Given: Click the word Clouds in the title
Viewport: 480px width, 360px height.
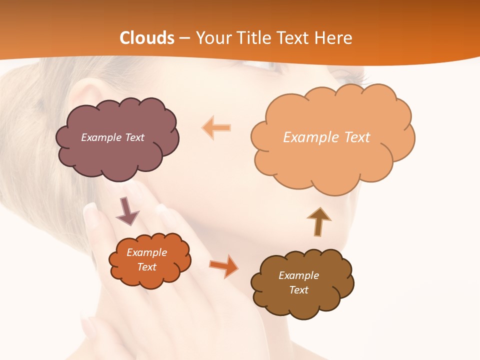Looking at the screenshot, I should click(x=147, y=38).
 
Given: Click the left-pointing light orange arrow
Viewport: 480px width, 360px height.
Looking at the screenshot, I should click(x=216, y=127).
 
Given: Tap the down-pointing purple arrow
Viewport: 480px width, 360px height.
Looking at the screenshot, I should click(x=127, y=211).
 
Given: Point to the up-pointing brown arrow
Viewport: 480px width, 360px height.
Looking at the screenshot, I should click(x=318, y=221).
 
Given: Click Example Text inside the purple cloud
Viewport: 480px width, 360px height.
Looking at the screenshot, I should click(x=112, y=137).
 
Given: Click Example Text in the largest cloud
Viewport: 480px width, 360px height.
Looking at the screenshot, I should click(x=326, y=137).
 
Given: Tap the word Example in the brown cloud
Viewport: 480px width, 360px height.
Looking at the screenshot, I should click(x=298, y=275).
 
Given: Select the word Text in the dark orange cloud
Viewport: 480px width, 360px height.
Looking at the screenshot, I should click(x=147, y=267).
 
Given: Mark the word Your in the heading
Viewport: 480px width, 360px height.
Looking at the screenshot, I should click(x=211, y=38).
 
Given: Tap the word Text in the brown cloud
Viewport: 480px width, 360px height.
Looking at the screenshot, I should click(x=298, y=290).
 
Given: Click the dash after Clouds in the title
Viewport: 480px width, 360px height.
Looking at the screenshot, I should click(x=184, y=38).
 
